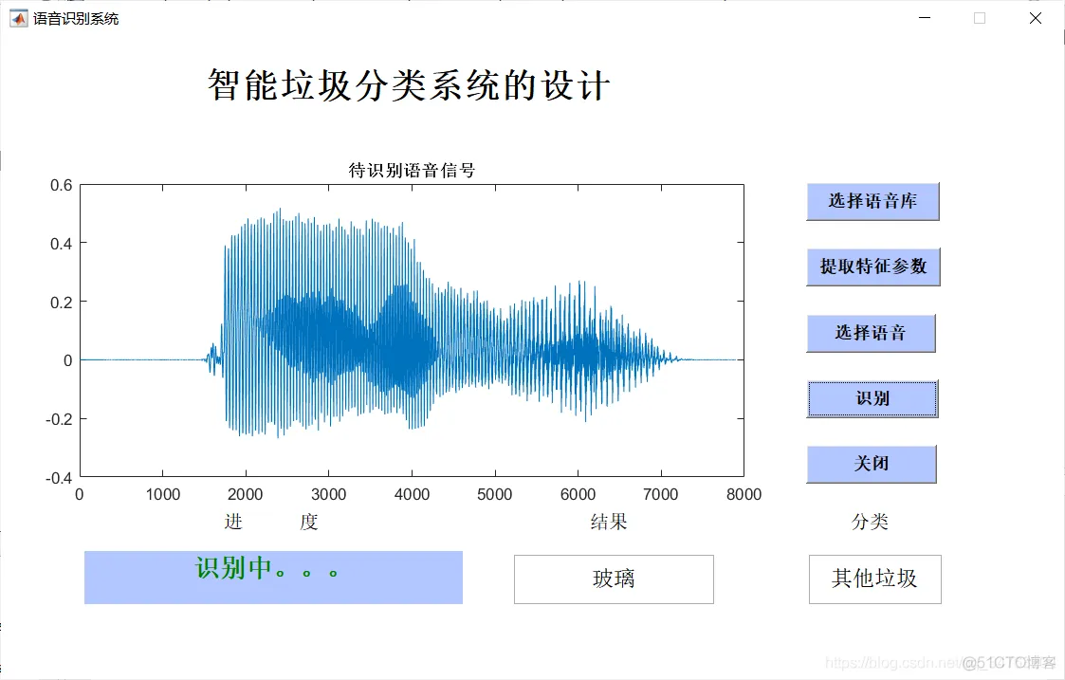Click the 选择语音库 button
coord(872,201)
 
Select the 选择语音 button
coord(871,333)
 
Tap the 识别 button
coord(872,398)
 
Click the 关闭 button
coord(871,464)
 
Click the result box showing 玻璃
coord(614,579)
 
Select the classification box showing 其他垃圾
coord(874,579)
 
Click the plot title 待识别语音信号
coord(412,171)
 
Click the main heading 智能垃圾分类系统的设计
coord(408,86)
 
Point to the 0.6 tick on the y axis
coord(61,185)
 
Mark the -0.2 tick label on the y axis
coord(59,419)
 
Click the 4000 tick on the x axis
coord(412,494)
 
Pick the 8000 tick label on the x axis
coord(744,494)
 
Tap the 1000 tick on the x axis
coord(162,494)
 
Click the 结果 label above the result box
coord(609,522)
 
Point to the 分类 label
coord(870,522)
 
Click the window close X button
coord(1036,18)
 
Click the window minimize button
coord(926,18)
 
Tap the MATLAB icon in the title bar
coord(19,18)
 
